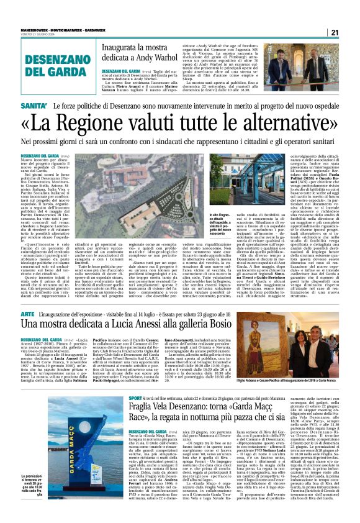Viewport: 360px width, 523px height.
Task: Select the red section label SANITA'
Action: click(x=35, y=107)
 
